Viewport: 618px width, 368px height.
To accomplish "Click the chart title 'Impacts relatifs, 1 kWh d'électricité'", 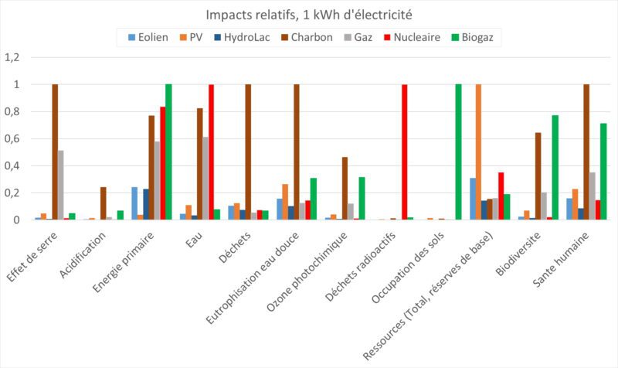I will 309,15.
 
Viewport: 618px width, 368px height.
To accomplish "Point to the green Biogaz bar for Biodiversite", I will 555,168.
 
